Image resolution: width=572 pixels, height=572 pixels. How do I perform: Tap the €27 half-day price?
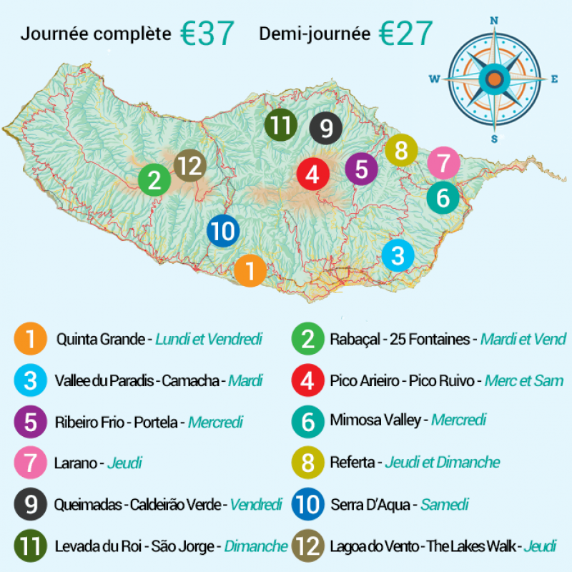(x=405, y=33)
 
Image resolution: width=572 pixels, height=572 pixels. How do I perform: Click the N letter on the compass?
(x=493, y=21)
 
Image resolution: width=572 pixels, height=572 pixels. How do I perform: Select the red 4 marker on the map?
(x=312, y=174)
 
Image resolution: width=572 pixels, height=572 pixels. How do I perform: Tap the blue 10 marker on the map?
(x=223, y=232)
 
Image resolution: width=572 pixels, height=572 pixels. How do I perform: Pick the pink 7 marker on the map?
(x=443, y=163)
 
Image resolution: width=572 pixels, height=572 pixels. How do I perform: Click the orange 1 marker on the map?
(x=250, y=271)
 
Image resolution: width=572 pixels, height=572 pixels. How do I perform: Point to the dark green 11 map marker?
(x=280, y=126)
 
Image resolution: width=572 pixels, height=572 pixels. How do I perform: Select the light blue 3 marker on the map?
(x=398, y=255)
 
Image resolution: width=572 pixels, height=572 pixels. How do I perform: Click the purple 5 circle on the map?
(x=361, y=169)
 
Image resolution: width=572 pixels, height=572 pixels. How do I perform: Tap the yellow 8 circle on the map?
(x=401, y=151)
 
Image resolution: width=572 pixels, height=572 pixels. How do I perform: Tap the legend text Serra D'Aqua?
(x=370, y=505)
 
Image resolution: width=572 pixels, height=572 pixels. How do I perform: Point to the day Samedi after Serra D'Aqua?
(x=444, y=505)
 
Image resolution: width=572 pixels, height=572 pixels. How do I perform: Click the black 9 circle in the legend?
(x=30, y=505)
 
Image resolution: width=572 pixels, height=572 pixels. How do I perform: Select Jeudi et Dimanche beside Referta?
(x=442, y=463)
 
